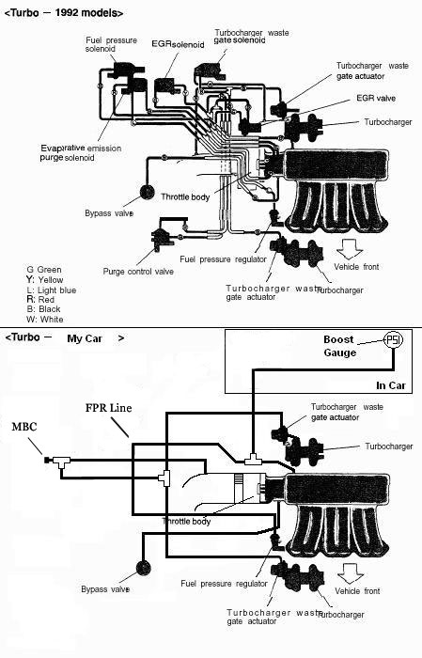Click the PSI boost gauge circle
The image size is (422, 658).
coord(394,339)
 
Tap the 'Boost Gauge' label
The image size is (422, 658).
coord(340,346)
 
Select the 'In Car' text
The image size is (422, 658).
coord(391,385)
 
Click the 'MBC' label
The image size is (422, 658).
coord(24,427)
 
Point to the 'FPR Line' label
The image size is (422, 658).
coord(109,408)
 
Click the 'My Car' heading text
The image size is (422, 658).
coord(85,338)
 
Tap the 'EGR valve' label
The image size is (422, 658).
coord(376,98)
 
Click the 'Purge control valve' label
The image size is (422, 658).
coord(138,272)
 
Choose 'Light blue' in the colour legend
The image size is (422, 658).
coord(56,290)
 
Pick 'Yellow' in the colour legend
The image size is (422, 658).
coord(51,280)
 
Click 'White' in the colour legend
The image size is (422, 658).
coord(52,320)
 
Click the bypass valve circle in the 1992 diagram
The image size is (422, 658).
coord(148,193)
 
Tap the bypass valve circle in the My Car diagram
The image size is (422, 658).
coord(144,568)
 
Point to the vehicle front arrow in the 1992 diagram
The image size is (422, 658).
coord(350,248)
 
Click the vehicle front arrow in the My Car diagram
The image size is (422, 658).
coord(351,573)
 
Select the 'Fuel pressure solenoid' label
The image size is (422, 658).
coord(111,44)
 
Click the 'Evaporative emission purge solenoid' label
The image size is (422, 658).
coord(81,152)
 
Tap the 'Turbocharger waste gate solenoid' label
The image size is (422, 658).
coord(251,37)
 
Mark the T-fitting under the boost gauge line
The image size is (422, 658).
coord(253,459)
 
